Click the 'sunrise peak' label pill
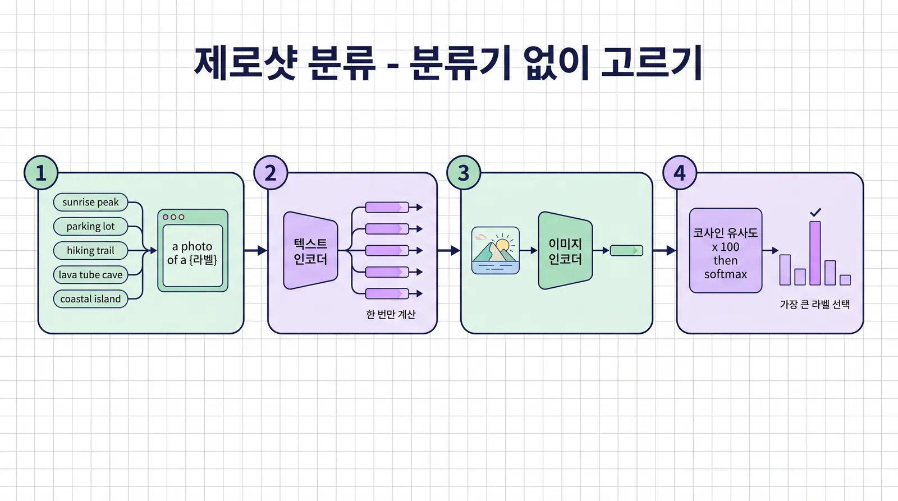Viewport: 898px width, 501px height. point(90,202)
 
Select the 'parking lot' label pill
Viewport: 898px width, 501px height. point(90,227)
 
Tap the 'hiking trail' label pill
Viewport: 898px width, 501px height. point(90,250)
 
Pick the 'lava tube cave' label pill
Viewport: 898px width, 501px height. point(90,274)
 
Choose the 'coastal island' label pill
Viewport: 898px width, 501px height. point(90,299)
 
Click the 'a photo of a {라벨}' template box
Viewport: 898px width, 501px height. point(193,250)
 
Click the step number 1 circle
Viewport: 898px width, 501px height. point(41,173)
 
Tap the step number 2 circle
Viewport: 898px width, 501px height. point(271,173)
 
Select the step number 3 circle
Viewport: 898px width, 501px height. point(464,173)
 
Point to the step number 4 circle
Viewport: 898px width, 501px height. point(680,173)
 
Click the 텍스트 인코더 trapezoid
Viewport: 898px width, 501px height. point(311,250)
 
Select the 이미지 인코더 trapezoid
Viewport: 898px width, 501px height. point(565,250)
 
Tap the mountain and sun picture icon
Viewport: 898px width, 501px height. point(496,250)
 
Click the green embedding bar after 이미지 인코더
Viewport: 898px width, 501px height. point(626,250)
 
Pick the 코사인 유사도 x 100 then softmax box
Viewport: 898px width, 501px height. point(726,250)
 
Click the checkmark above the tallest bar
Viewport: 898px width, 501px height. point(815,212)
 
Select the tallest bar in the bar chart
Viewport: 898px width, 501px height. point(815,254)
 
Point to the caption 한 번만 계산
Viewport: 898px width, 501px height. point(391,314)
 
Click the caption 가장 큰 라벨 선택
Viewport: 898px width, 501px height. point(815,304)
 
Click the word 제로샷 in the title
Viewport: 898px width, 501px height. point(245,63)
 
